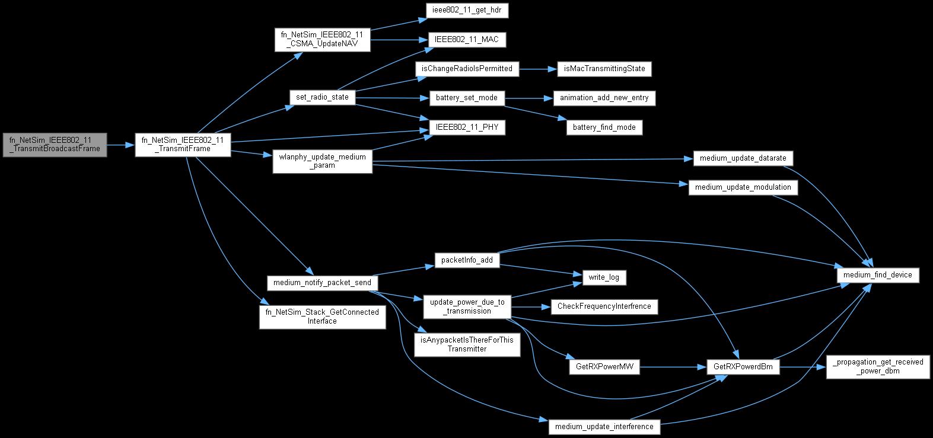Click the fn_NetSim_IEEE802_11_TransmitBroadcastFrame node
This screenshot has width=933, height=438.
(55, 145)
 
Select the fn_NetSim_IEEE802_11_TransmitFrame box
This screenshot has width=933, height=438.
(182, 145)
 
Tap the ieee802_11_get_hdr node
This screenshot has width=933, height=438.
(467, 11)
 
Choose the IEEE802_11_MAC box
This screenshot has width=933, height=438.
(467, 40)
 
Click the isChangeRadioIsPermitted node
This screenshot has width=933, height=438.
(467, 69)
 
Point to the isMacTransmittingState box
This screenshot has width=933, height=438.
(604, 69)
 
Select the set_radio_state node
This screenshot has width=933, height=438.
(322, 97)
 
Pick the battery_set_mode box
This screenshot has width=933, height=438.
(467, 97)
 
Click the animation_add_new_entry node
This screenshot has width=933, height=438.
(604, 97)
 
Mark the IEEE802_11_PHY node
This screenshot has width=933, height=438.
(467, 127)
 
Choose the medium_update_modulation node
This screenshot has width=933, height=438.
(743, 187)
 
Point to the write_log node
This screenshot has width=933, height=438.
(603, 277)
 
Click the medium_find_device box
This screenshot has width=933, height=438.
(878, 275)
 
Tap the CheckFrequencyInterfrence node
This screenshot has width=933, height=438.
(603, 306)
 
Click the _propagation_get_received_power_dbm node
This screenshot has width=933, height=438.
(878, 366)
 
